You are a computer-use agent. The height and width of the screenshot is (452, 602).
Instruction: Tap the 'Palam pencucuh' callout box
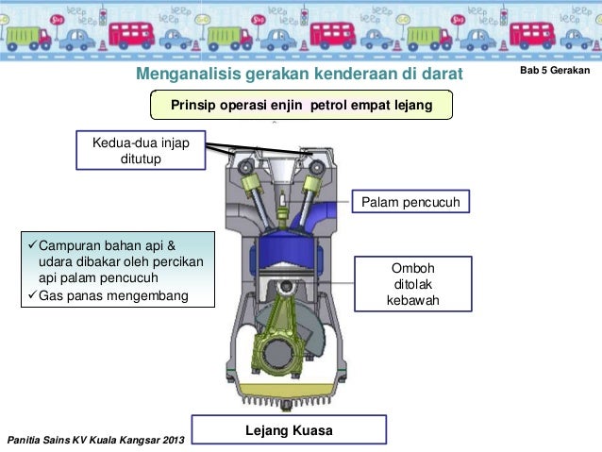[x=410, y=203]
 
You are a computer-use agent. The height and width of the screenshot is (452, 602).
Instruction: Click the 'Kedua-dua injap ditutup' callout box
[x=141, y=150]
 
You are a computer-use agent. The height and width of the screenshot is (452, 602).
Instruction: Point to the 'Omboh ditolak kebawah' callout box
[x=411, y=284]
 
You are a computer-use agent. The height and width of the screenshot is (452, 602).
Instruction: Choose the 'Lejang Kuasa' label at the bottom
[x=289, y=430]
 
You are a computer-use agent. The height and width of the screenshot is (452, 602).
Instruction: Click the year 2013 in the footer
[x=173, y=441]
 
